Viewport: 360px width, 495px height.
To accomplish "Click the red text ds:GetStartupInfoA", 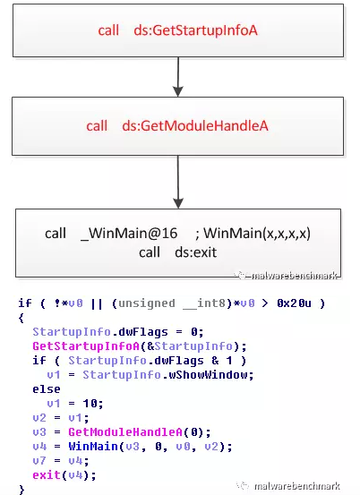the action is click(195, 30).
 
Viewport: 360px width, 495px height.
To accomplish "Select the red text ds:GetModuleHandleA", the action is click(195, 126).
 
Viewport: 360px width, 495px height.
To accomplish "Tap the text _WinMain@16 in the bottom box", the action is click(129, 234).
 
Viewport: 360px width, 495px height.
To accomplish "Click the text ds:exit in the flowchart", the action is click(196, 252).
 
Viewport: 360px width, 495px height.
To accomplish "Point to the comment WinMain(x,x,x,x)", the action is click(257, 234).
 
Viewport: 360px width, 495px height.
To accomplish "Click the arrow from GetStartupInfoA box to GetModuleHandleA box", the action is click(178, 77).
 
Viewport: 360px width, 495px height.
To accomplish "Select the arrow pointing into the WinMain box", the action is click(178, 182).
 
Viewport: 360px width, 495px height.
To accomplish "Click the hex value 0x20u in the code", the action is click(294, 303).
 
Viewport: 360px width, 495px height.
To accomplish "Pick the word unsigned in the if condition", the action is click(147, 303).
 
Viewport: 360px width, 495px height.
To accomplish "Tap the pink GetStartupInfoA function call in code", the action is click(86, 346).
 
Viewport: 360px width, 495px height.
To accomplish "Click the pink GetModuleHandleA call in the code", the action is click(125, 432).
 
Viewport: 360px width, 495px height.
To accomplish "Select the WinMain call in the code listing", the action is click(93, 447).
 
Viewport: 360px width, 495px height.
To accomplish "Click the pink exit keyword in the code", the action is click(47, 474).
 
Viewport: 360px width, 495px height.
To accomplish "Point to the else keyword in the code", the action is click(47, 389).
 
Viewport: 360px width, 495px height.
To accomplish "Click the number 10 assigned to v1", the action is click(90, 404).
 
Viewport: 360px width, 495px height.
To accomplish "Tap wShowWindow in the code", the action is click(208, 375).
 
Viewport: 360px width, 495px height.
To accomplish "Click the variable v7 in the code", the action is click(39, 461).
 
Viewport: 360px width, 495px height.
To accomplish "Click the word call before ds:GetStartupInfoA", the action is click(108, 30).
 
